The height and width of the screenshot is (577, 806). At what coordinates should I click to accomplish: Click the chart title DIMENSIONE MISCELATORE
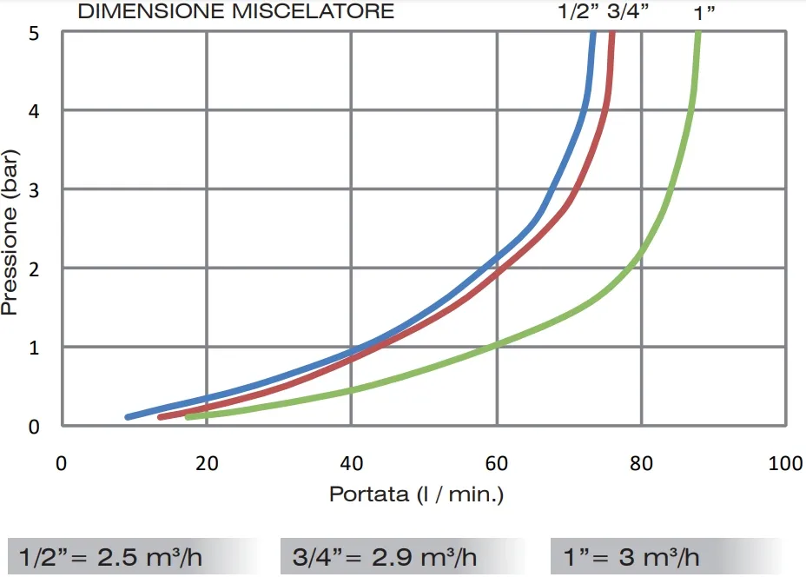(x=235, y=12)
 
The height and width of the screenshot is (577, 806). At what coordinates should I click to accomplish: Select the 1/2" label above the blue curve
(x=578, y=12)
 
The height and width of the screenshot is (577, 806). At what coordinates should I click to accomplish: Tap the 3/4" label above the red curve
(x=628, y=12)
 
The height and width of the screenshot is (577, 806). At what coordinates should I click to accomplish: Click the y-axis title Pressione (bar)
(x=11, y=230)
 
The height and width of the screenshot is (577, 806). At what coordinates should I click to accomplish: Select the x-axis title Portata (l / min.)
(x=416, y=494)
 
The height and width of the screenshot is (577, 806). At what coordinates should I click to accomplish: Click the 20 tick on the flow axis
(x=206, y=463)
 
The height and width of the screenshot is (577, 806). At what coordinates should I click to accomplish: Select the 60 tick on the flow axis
(x=496, y=463)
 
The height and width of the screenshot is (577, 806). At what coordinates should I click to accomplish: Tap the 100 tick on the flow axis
(x=785, y=463)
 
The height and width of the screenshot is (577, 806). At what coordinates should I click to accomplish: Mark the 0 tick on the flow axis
(x=61, y=463)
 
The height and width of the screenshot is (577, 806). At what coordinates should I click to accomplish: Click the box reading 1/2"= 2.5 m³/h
(x=132, y=556)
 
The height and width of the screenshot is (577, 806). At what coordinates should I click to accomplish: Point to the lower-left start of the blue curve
(x=129, y=417)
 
